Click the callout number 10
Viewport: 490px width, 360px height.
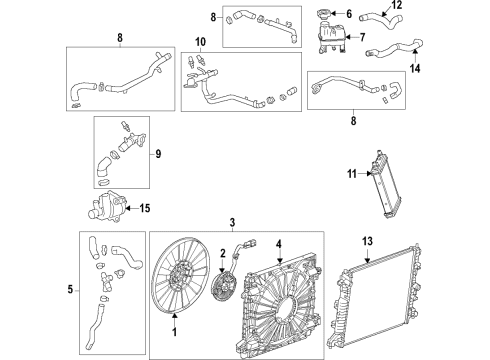tap(199, 41)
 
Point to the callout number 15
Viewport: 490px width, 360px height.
tap(147, 208)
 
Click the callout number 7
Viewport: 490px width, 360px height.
tap(362, 38)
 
